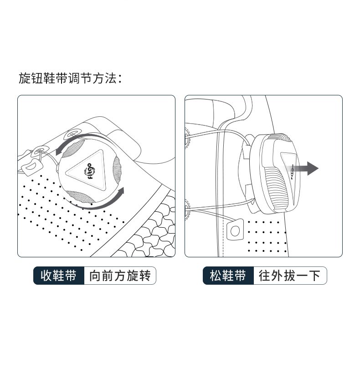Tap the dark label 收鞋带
click(59, 276)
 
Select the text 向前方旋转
click(120, 276)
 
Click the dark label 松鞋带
click(228, 276)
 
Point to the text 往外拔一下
click(289, 276)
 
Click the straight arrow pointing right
click(302, 168)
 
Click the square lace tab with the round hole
click(235, 230)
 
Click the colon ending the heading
click(120, 78)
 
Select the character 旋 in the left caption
click(132, 276)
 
